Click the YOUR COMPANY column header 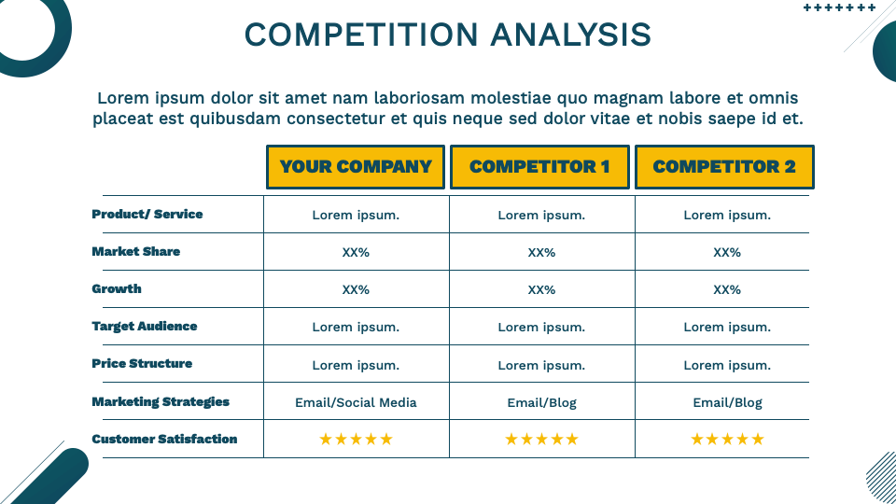pos(356,167)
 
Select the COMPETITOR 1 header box pos(539,167)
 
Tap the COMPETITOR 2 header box pos(724,167)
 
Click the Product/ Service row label pos(147,215)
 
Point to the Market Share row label pos(136,252)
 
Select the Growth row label pos(117,289)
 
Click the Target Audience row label pos(145,327)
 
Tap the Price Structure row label pos(142,364)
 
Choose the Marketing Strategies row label pos(161,402)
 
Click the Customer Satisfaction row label pos(164,440)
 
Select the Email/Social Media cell pos(356,403)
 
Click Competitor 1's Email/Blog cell pos(541,403)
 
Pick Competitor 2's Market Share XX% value pos(727,253)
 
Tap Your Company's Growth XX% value pos(356,290)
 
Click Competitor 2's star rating pos(727,440)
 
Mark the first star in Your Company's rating pos(326,440)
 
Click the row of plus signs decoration pos(839,7)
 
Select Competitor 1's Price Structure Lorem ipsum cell pos(541,365)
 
